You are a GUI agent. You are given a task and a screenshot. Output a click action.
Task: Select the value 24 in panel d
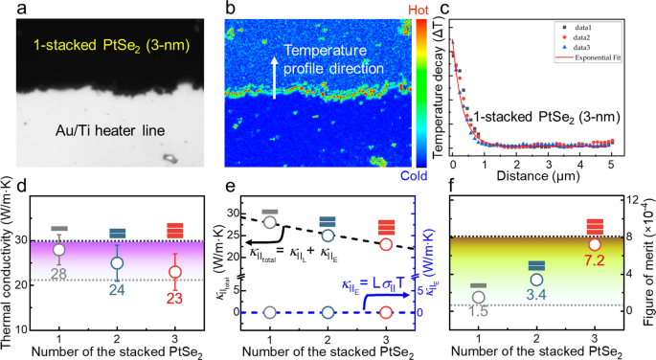pos(117,287)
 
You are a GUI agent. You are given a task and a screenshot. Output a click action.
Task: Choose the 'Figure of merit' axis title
pos(647,269)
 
